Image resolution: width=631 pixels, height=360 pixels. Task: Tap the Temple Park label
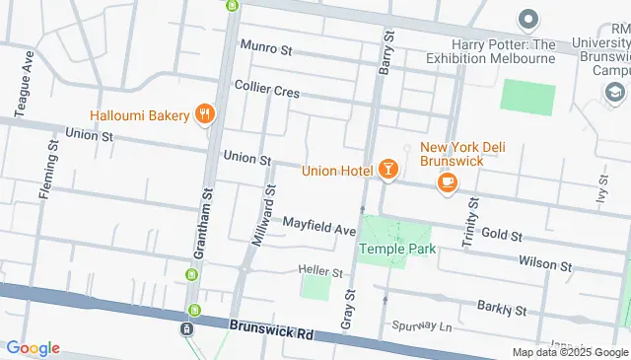396,249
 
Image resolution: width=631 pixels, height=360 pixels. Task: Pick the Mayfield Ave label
318,229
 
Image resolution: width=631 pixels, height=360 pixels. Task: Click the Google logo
33,348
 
